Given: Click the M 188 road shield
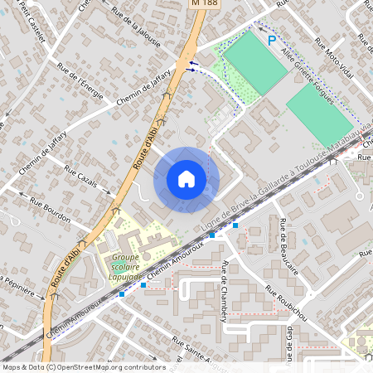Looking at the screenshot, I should click(x=203, y=3).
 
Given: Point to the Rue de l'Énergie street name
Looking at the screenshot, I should click(x=80, y=80).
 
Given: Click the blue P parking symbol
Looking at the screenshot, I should click(x=271, y=41).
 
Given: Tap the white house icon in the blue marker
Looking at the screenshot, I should click(x=186, y=179).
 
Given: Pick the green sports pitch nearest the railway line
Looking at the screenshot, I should click(x=319, y=115).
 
